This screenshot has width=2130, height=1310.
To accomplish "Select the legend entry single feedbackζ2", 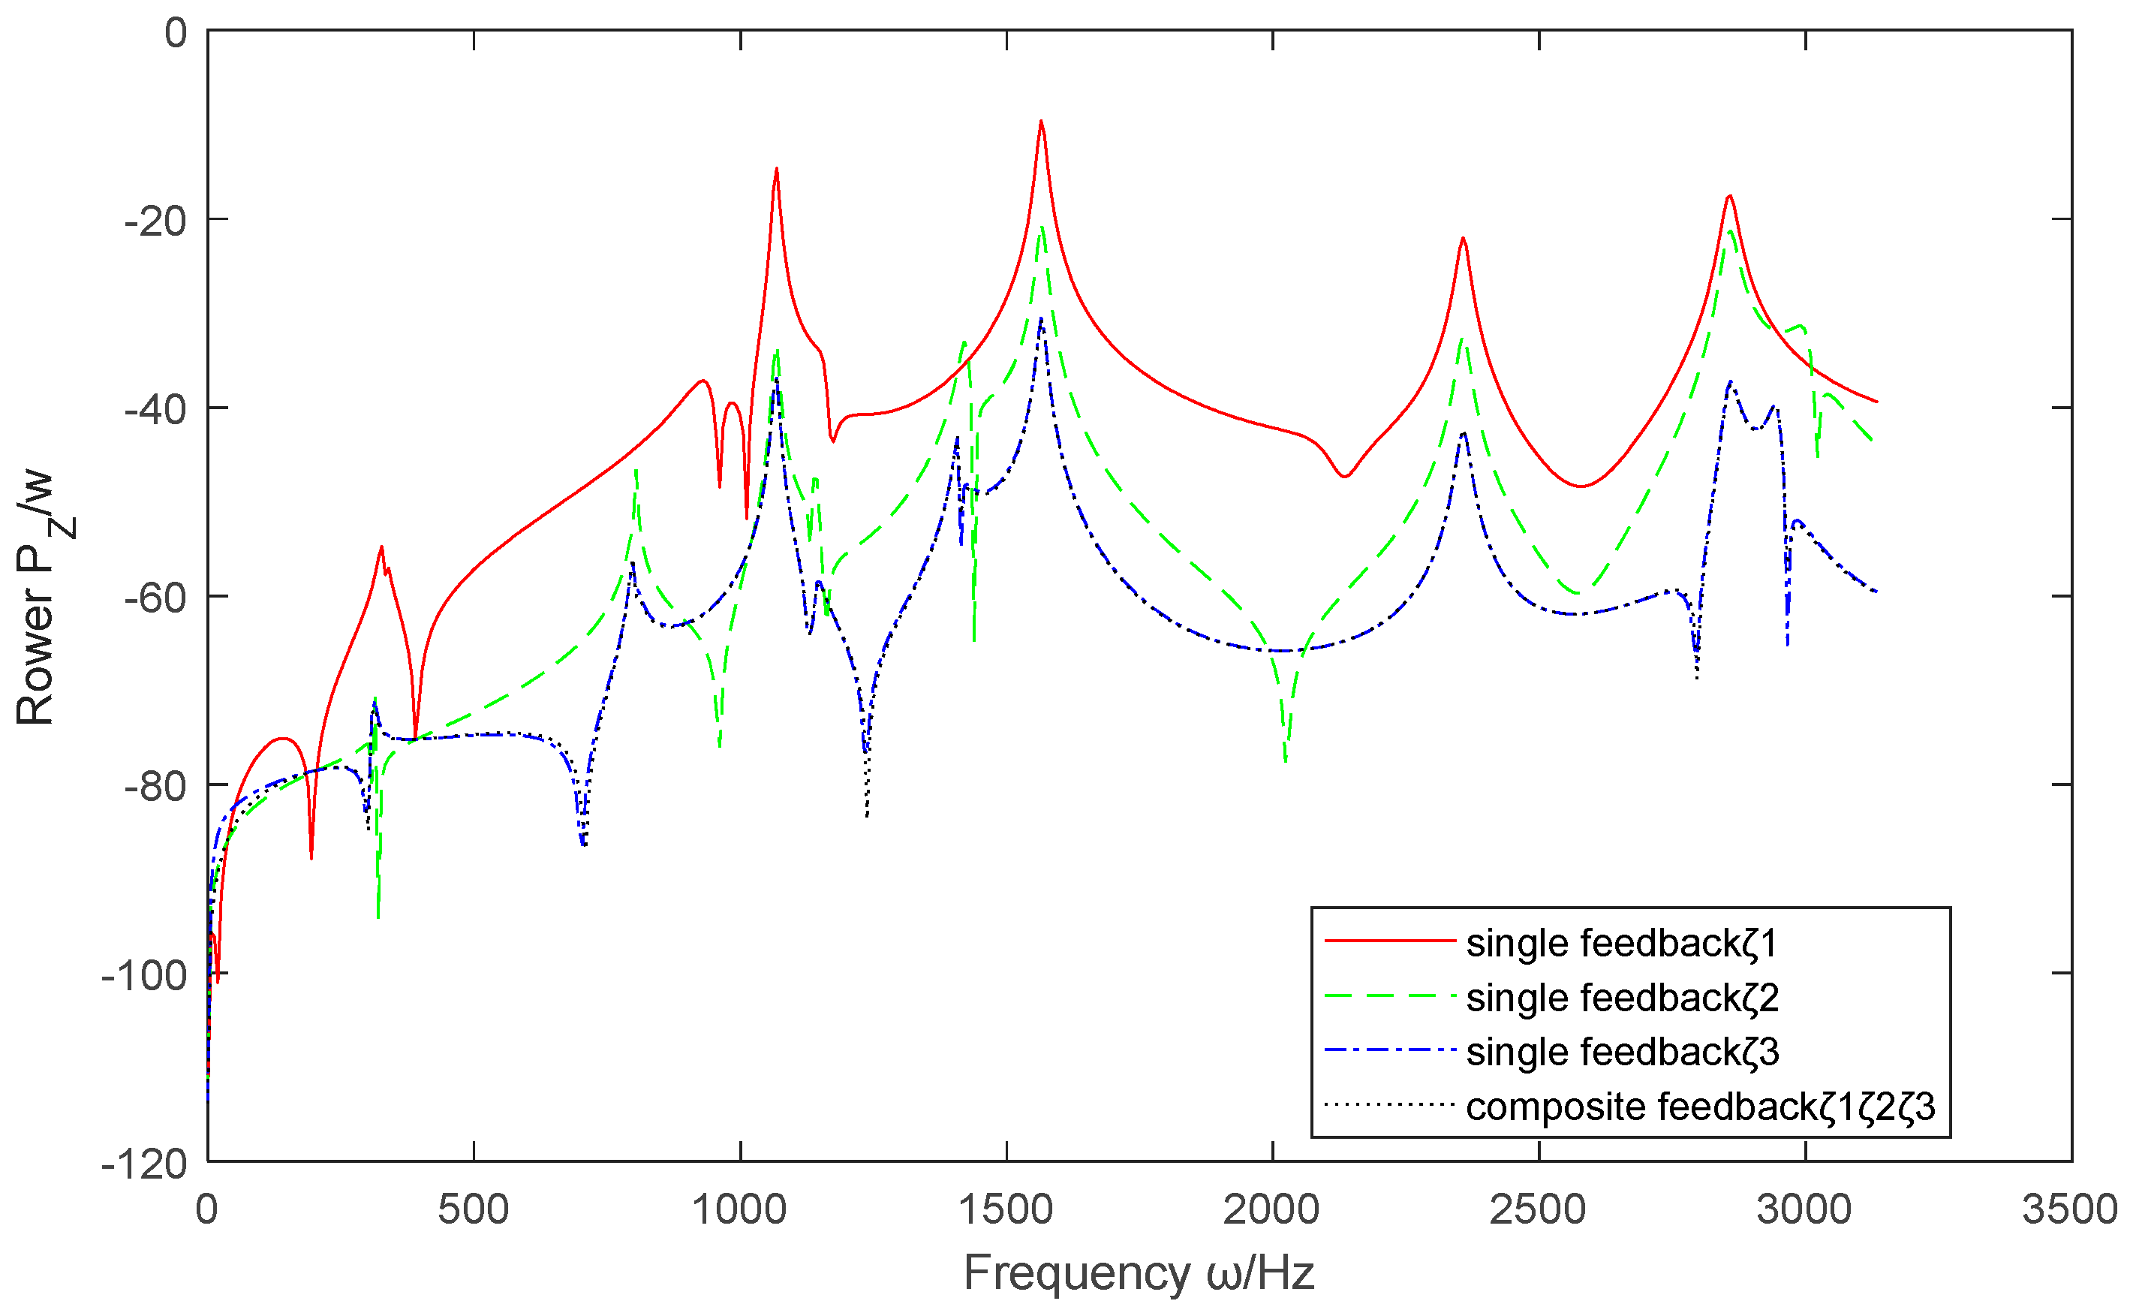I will (1623, 998).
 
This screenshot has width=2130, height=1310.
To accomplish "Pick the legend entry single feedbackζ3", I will (1623, 1052).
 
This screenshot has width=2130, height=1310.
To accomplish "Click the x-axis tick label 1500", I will (1006, 1209).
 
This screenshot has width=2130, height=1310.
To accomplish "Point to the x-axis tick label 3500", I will (2070, 1209).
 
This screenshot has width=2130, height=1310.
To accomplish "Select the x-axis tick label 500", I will (473, 1209).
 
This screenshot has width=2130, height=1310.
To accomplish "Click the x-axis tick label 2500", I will (1539, 1209).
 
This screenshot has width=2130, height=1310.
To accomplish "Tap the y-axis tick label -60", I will (156, 597).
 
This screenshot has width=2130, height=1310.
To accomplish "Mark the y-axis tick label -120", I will (144, 1163).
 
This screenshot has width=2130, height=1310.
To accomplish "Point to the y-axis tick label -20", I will (156, 221).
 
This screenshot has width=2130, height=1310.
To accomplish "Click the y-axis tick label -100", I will (144, 974).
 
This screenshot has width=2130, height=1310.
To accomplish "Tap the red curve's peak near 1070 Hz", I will (776, 169).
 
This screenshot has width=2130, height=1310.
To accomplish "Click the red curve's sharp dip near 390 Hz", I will (416, 737).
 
